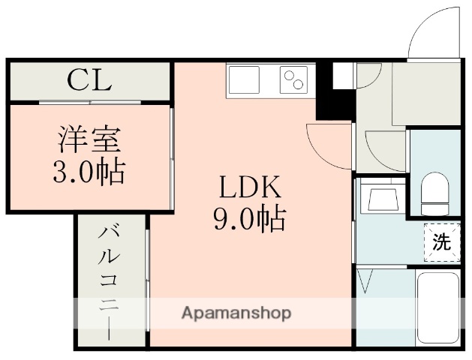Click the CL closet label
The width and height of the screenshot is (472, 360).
tap(89, 79)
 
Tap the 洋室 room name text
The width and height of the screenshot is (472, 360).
tap(89, 140)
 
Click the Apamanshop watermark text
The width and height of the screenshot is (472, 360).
tap(236, 313)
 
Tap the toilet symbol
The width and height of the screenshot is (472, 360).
tap(434, 193)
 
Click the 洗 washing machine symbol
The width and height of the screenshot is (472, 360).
tap(441, 242)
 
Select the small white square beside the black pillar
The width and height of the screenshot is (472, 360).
tap(343, 73)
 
